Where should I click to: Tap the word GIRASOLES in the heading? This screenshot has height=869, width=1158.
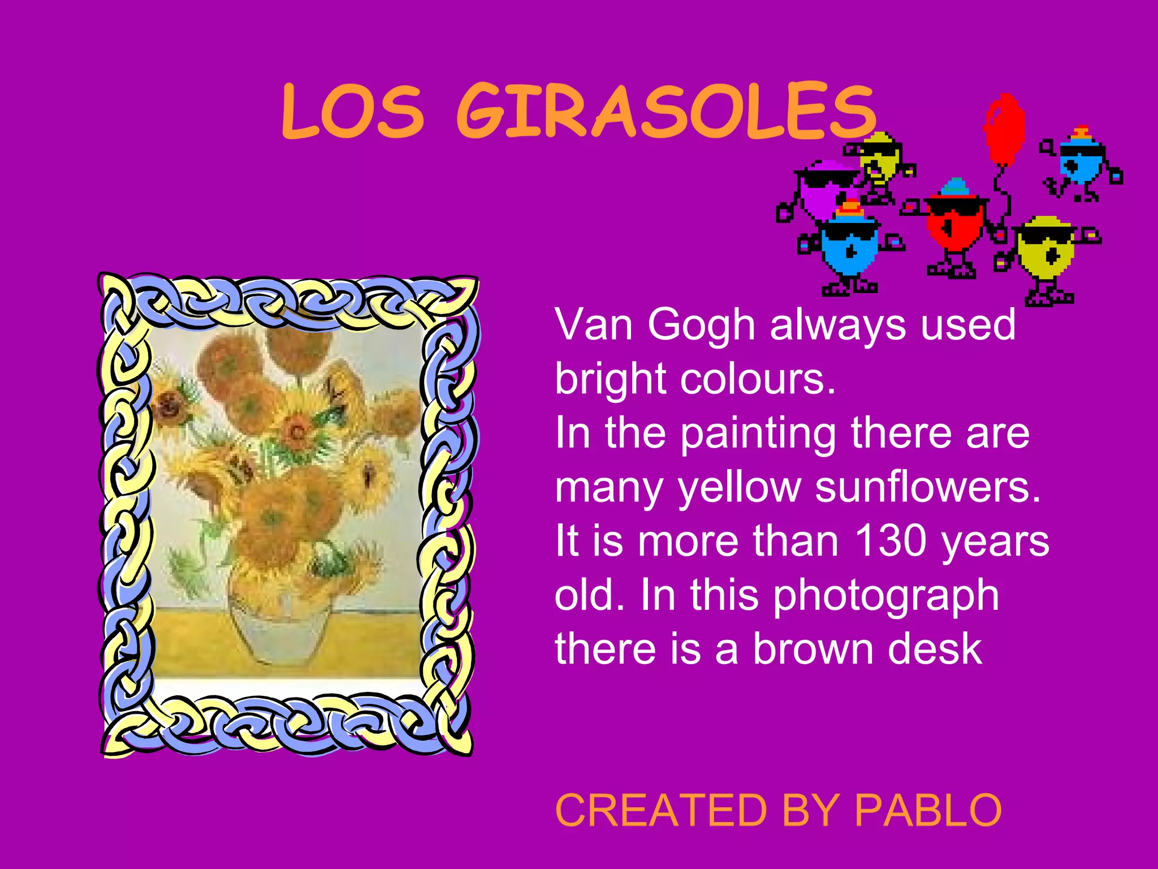(666, 111)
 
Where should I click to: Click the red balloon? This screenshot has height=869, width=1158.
(1004, 129)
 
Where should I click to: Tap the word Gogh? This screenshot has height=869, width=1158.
(702, 325)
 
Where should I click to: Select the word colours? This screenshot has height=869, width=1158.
(758, 379)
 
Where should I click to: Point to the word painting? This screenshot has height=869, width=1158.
(758, 433)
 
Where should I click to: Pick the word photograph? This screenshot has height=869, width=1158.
(885, 596)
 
